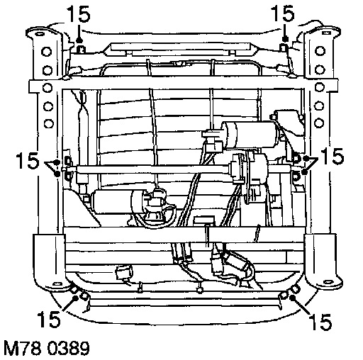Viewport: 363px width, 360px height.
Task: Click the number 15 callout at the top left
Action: click(x=79, y=14)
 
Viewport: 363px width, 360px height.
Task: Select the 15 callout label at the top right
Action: click(x=283, y=14)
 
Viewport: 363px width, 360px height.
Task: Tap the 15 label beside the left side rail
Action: click(x=27, y=161)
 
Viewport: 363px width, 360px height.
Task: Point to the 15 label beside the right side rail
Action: click(x=332, y=156)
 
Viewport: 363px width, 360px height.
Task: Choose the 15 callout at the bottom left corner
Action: click(x=49, y=319)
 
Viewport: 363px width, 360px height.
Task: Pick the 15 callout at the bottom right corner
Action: click(x=320, y=322)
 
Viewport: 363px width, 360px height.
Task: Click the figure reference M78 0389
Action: click(x=47, y=348)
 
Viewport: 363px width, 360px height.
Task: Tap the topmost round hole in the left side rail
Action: click(x=47, y=51)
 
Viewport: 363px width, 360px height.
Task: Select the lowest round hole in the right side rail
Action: click(x=319, y=123)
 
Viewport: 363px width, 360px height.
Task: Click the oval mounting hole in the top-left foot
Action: click(x=40, y=34)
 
